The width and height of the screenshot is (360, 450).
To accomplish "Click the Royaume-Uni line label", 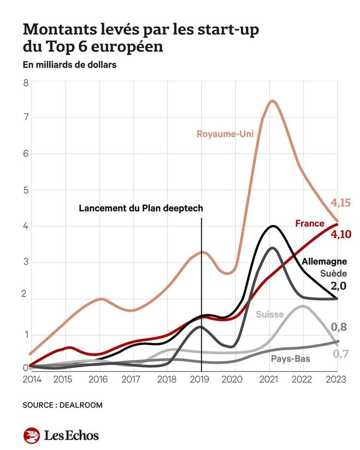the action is tap(225, 134).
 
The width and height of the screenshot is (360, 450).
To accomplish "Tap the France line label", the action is tap(310, 223).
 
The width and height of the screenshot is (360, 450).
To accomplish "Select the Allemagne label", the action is tap(324, 261).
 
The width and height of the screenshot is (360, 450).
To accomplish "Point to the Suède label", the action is tap(334, 273).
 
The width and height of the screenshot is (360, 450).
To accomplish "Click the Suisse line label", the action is tap(270, 315).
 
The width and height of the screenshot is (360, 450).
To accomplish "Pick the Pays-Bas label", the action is tap(290, 359).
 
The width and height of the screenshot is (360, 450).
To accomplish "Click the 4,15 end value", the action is tap(341, 203).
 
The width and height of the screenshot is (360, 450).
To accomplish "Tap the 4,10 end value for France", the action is tap(341, 235).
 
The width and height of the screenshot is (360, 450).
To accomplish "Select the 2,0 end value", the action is tap(338, 286).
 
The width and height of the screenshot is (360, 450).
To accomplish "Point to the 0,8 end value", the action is tap(339, 327).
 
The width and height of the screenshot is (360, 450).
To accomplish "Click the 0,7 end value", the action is tap(341, 354).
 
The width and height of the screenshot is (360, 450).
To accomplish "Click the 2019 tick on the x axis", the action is tap(200, 379).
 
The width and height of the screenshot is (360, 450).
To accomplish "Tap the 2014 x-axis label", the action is tap(32, 379).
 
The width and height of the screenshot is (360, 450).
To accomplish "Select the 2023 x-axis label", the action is tap(336, 379).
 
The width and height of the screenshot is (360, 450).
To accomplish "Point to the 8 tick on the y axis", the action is tap(26, 83).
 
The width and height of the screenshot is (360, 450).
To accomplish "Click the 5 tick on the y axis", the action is tap(26, 190).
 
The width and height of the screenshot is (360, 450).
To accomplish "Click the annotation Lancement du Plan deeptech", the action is tap(141, 208).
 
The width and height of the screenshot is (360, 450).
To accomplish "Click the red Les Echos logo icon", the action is tap(32, 435).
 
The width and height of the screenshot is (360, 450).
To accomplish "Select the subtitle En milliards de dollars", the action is tap(70, 65).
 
